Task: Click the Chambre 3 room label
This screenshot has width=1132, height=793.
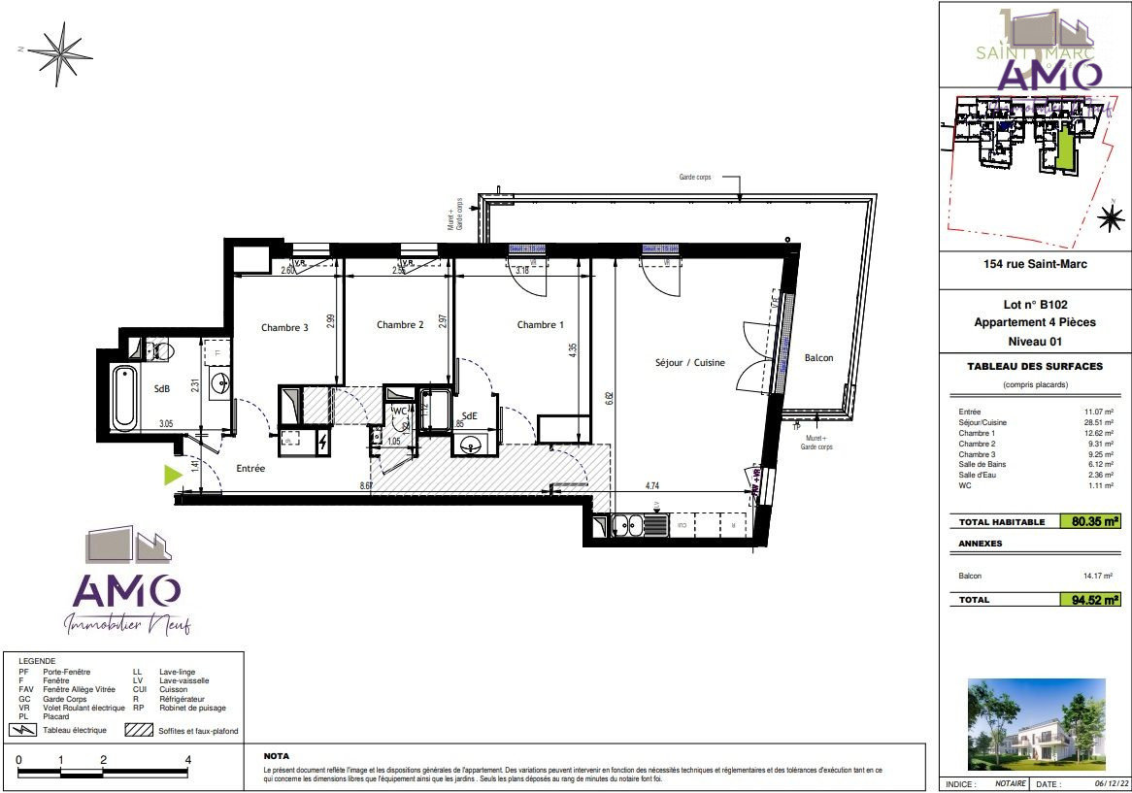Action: coord(284,328)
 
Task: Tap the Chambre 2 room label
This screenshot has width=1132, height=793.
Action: coord(400,325)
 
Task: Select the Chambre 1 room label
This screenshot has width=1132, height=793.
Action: coord(540,325)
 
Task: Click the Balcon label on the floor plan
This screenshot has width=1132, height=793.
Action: coord(818,358)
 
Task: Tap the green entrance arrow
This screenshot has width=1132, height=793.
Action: coord(172,475)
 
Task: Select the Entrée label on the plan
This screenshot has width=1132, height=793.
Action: coord(251,469)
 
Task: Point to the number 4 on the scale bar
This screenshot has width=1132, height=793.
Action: coord(187,760)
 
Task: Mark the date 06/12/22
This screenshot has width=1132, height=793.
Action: coord(1105,783)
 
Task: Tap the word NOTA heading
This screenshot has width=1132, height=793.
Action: coord(277,756)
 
